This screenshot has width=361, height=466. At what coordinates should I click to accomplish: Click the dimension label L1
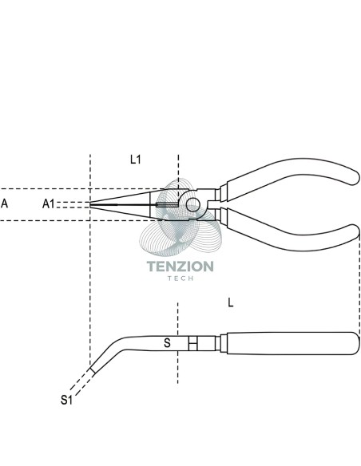tap(135, 160)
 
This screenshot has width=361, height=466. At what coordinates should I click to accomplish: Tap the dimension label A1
tap(49, 204)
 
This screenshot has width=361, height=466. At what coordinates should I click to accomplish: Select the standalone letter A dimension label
tap(5, 203)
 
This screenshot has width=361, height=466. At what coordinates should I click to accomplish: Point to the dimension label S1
tap(66, 400)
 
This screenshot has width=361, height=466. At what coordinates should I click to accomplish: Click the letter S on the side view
tap(168, 343)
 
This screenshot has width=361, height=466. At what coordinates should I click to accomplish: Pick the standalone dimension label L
tap(231, 302)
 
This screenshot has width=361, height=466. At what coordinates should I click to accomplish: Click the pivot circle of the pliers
tap(192, 204)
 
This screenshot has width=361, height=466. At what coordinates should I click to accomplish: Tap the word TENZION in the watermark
tap(180, 266)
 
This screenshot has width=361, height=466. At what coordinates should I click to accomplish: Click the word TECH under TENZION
tap(180, 278)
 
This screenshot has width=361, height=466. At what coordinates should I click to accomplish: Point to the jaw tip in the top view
tap(90, 204)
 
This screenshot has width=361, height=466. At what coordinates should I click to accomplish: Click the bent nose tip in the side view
tap(93, 370)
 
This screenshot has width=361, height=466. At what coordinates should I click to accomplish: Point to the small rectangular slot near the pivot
tap(167, 205)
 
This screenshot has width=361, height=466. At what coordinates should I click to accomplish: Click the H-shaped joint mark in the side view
tap(192, 343)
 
